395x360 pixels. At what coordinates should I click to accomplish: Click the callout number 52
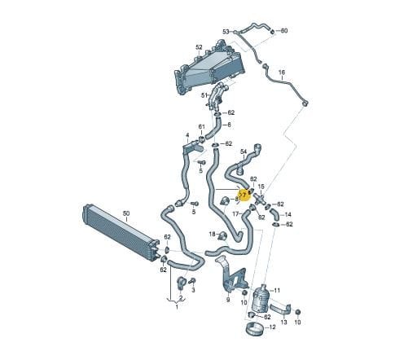click(199, 47)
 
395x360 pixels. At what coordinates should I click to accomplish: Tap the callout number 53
click(226, 32)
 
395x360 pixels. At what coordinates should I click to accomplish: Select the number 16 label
click(282, 72)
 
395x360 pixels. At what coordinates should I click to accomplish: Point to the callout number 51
click(204, 95)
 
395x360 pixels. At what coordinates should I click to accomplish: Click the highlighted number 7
click(244, 195)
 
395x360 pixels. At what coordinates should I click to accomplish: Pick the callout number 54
click(244, 152)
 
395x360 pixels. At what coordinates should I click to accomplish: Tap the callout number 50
click(126, 213)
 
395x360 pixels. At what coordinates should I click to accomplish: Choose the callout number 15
click(261, 187)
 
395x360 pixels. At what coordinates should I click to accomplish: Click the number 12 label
click(272, 327)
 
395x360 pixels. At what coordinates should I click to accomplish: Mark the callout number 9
click(228, 300)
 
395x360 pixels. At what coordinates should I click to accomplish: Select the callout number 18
click(212, 234)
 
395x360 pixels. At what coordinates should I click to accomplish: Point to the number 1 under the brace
click(177, 307)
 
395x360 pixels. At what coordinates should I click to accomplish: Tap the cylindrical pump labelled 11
click(261, 298)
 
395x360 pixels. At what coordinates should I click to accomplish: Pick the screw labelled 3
click(192, 282)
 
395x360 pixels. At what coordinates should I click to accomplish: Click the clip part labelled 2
click(182, 283)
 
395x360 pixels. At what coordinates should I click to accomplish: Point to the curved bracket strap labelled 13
click(281, 310)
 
